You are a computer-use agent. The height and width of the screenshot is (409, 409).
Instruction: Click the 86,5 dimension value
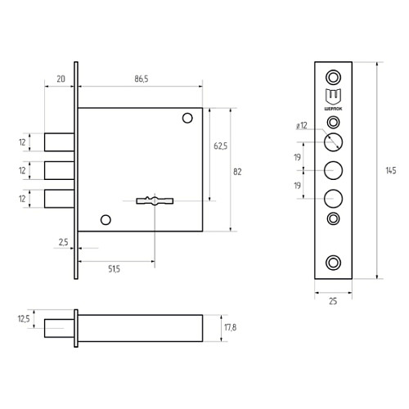(142, 79)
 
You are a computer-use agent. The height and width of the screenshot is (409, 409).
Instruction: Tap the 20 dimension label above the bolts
(61, 79)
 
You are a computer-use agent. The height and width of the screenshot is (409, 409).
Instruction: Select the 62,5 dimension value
(220, 146)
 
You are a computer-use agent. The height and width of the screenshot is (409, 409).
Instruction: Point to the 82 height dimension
(237, 172)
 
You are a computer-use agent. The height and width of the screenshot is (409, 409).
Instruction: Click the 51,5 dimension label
(114, 269)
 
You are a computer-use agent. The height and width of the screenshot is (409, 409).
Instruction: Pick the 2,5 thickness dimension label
(64, 242)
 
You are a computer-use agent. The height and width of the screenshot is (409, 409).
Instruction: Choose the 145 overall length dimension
(391, 171)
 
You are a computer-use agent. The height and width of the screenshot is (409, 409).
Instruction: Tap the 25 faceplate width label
(333, 301)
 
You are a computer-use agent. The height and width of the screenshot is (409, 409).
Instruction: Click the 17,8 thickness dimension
(230, 327)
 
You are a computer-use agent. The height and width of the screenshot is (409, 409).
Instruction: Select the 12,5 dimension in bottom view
(24, 319)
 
